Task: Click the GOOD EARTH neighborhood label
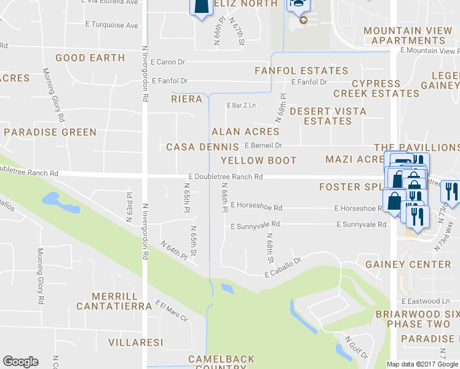90,58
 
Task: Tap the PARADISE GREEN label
50,132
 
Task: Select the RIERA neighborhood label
186,99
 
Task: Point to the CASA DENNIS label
202,147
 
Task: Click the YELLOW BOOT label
258,161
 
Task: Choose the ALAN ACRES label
245,132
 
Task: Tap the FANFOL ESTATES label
301,71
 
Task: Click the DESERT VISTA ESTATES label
328,116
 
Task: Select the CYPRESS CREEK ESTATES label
376,89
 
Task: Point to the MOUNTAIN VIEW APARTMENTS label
409,36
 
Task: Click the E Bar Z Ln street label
240,105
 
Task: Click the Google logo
20,362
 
